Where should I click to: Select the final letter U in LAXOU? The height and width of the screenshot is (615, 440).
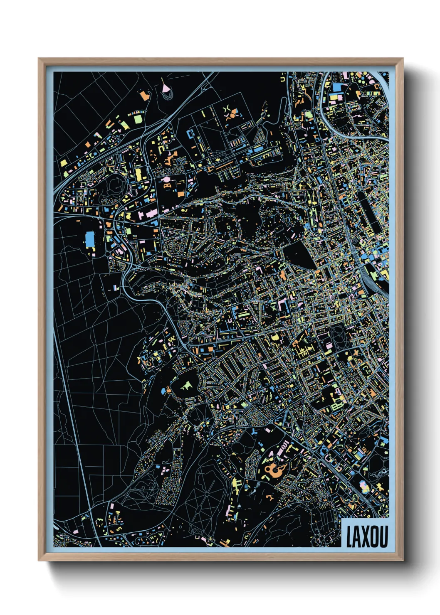click(383, 536)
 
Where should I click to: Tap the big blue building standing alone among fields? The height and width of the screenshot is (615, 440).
click(90, 239)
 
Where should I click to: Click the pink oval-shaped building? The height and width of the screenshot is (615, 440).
click(165, 179)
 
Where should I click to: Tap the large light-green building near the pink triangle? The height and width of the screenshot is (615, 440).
click(138, 120)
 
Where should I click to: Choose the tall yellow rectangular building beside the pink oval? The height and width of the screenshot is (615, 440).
click(138, 174)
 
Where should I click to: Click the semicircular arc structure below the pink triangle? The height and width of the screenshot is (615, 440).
click(167, 96)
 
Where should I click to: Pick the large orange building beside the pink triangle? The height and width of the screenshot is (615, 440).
click(145, 95)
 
